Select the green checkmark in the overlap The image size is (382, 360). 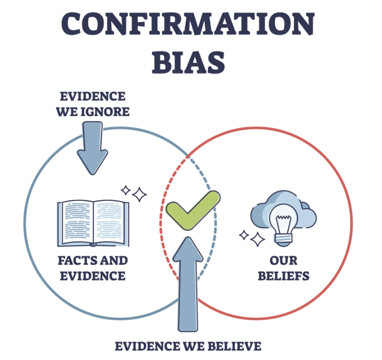point(192,209)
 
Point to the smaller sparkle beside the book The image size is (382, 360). point(125,190)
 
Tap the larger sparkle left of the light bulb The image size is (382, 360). point(257,239)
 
